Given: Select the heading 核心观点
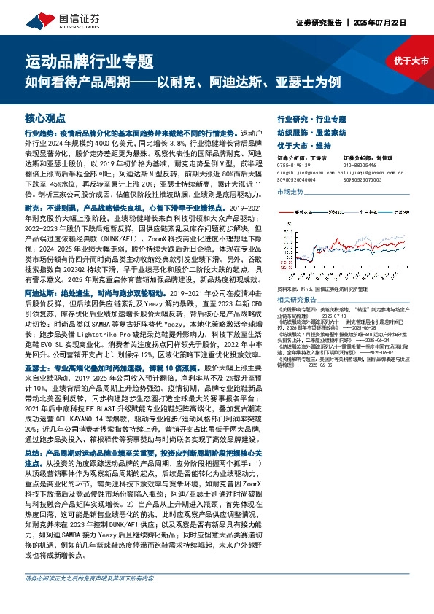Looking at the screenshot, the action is (x=45, y=117).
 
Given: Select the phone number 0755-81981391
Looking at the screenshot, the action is (x=295, y=165).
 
